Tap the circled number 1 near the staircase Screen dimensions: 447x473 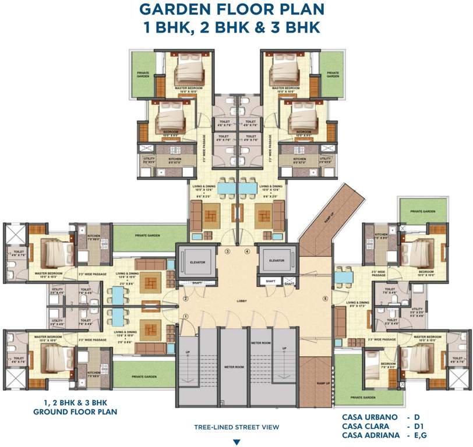tap(185, 316)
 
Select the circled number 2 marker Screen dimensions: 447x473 tap(185, 298)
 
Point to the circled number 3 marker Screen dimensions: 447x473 tap(228, 251)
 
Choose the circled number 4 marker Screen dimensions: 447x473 tap(247, 251)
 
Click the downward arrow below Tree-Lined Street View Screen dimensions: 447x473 tap(236, 441)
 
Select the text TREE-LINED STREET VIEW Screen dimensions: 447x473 tap(236, 427)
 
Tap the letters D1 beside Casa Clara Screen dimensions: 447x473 tap(418, 427)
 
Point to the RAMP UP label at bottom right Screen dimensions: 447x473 tap(320, 385)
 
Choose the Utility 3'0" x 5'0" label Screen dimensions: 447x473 tap(417, 311)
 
